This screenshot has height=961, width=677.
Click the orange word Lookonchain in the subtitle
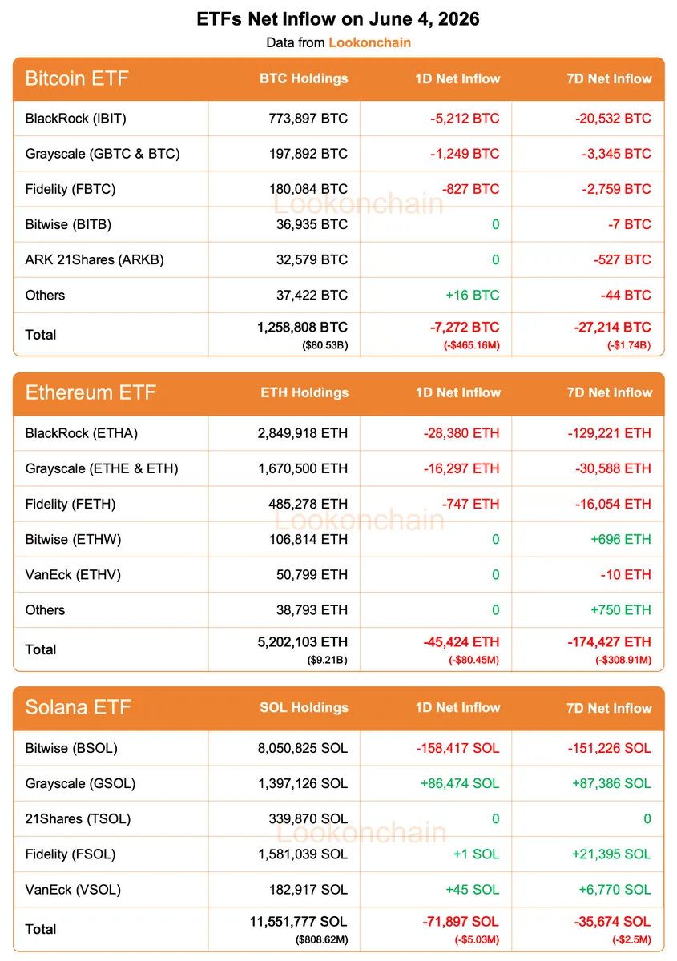pos(369,42)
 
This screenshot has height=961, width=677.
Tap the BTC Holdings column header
pos(304,78)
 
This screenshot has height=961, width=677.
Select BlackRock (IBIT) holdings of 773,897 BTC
pos(308,119)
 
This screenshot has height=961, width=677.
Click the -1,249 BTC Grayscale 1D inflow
pos(465,154)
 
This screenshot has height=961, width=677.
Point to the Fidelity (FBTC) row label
pos(71,189)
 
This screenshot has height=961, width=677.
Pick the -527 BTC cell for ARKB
pos(623,259)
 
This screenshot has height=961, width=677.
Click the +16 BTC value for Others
pos(472,296)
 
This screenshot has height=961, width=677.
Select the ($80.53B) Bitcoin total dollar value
pos(325,345)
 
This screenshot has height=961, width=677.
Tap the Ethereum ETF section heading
pos(91,392)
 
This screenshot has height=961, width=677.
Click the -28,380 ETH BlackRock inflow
pos(461,433)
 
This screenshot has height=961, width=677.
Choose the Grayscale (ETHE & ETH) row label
pos(102,468)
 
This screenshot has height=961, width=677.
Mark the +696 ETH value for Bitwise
pos(621,539)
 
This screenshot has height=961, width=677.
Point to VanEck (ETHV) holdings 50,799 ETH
pos(312,574)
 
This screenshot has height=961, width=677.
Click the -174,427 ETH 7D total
pos(609,641)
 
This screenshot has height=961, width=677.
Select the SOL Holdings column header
pos(304,707)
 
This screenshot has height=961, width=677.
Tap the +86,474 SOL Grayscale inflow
pos(460,783)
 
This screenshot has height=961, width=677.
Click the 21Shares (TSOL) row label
pos(78,819)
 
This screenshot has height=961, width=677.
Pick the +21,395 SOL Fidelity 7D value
pos(611,854)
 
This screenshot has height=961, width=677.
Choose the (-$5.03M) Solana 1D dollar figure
pos(477,940)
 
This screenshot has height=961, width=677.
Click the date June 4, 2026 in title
pos(424,19)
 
